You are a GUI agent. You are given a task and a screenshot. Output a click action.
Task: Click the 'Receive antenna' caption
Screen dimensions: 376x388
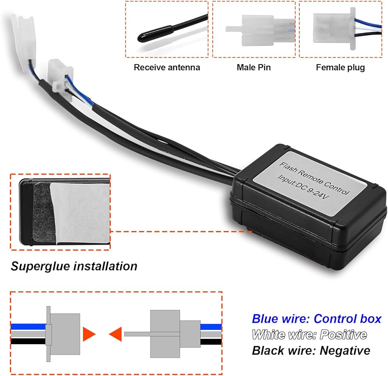(167, 68)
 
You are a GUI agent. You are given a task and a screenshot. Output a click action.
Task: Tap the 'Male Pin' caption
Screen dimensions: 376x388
(253, 68)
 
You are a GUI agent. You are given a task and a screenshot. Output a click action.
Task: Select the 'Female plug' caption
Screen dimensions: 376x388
(340, 68)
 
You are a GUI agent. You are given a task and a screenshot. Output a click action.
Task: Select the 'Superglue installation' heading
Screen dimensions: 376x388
(74, 266)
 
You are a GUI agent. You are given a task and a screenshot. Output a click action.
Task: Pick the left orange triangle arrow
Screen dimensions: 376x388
(89, 334)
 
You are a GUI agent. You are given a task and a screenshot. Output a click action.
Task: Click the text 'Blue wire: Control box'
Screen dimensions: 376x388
(317, 319)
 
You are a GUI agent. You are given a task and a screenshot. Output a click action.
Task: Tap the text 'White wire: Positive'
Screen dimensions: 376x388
(309, 334)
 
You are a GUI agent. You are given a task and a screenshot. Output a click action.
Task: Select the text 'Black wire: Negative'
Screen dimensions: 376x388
(311, 350)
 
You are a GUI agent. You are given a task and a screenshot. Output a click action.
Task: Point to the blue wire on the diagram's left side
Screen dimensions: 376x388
(27, 327)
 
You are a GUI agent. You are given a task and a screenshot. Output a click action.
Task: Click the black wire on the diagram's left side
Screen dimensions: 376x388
(27, 341)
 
